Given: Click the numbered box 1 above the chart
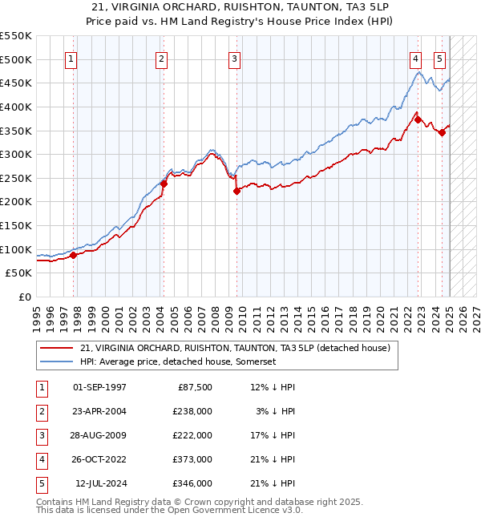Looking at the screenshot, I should [72, 59].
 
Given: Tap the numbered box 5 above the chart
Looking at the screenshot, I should [440, 59].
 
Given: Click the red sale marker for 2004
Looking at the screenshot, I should [164, 184].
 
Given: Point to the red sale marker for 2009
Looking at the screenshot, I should [237, 191].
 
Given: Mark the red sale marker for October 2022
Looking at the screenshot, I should [418, 119].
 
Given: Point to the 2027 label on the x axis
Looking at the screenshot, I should [475, 316].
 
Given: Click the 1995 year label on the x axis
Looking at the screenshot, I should [37, 316].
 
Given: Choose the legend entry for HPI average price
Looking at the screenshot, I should [177, 361].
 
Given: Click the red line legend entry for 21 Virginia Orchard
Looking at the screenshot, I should [234, 348].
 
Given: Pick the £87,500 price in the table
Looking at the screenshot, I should [194, 387].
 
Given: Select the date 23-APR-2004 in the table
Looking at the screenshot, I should [99, 411].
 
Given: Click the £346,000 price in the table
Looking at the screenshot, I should [194, 483].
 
